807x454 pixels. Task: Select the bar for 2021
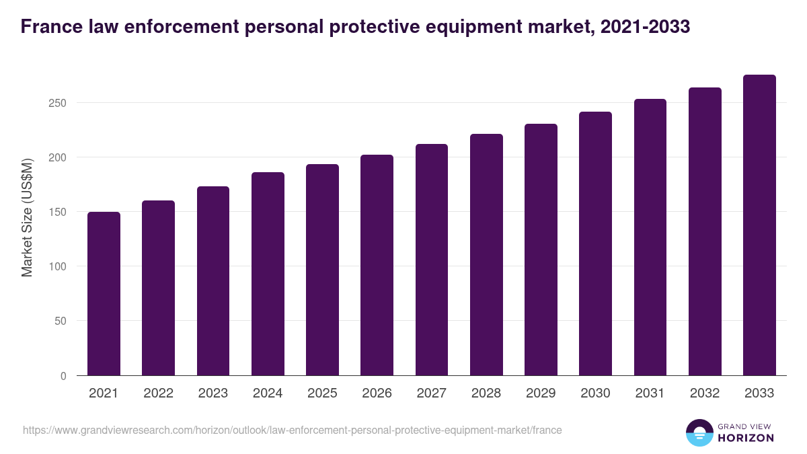pyautogui.click(x=104, y=294)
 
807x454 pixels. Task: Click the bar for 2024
pyautogui.click(x=268, y=274)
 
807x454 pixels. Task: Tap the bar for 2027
pyautogui.click(x=432, y=260)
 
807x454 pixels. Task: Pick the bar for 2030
pyautogui.click(x=595, y=243)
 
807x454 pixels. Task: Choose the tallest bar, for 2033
pyautogui.click(x=759, y=225)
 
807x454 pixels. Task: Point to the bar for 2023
pyautogui.click(x=213, y=281)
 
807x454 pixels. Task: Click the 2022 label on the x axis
pyautogui.click(x=158, y=393)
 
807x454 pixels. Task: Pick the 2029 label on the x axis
pyautogui.click(x=541, y=393)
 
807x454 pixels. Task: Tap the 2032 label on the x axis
pyautogui.click(x=705, y=393)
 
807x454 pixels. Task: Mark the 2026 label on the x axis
pyautogui.click(x=377, y=393)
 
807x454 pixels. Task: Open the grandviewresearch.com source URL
pyautogui.click(x=292, y=430)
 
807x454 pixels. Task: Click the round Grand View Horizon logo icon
pyautogui.click(x=699, y=432)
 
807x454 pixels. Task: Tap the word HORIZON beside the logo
pyautogui.click(x=746, y=438)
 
